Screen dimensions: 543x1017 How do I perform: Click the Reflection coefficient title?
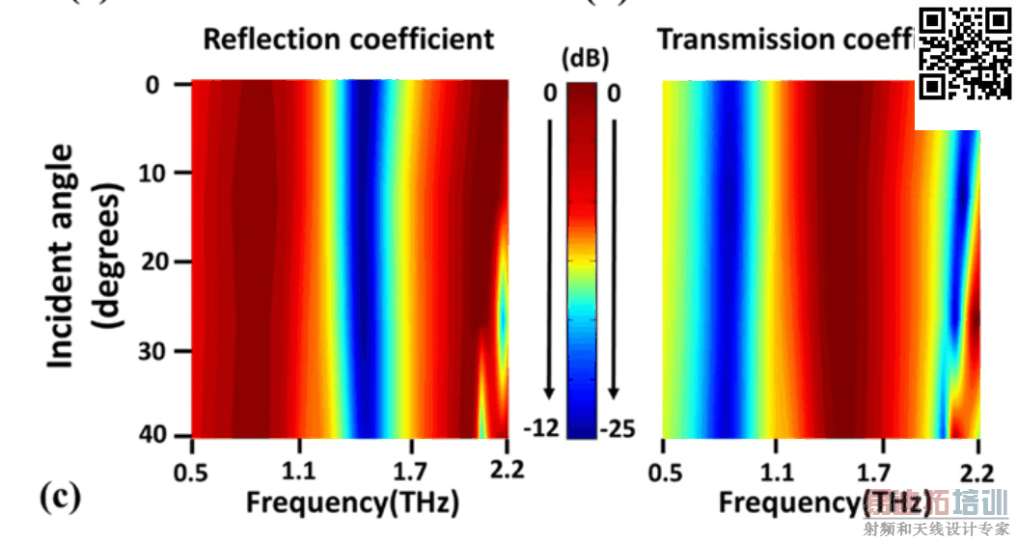[347, 40]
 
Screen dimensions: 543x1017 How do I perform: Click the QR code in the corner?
[964, 53]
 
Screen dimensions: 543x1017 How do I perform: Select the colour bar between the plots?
[581, 260]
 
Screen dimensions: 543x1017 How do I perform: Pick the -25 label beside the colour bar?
[617, 428]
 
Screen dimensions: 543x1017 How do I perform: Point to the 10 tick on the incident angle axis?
[154, 173]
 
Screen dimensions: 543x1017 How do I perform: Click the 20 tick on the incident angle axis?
[154, 261]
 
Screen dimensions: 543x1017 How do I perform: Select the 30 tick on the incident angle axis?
[154, 350]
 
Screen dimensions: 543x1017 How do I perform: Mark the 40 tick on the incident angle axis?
[154, 436]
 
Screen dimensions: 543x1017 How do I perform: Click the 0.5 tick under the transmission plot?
[664, 472]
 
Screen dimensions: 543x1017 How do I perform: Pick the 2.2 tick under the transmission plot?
[977, 472]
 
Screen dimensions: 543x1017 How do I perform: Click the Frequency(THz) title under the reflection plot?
[351, 502]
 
